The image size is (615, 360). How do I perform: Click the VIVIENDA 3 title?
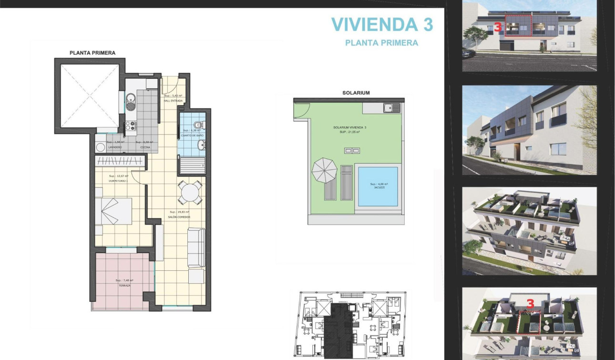pos(382,24)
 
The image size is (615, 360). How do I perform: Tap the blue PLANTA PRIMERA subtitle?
pos(381,43)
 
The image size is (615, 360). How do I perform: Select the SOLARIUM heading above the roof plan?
pos(356,93)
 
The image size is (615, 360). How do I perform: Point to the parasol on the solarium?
pos(324,170)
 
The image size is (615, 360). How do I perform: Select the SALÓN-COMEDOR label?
pos(180,217)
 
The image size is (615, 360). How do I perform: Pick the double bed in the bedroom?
pos(114,211)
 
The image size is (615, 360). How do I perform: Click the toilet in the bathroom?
pos(197,125)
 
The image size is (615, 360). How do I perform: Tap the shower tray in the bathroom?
pos(192,166)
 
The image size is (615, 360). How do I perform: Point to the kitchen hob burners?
pos(130,126)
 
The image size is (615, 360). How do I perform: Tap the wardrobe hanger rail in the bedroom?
pos(120,161)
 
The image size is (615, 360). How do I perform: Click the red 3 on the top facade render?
pos(498,27)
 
